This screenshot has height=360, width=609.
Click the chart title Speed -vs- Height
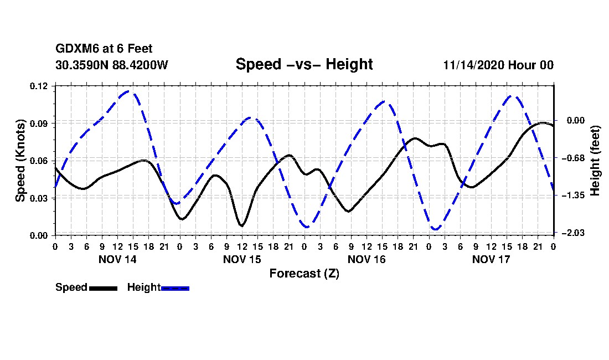coord(304,64)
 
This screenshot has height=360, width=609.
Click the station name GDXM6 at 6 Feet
coord(104,49)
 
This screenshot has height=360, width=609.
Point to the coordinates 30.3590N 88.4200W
coord(112,65)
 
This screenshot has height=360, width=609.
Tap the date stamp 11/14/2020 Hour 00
coord(498,65)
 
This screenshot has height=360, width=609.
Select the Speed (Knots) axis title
coord(20,161)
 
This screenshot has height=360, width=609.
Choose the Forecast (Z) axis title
coord(304,274)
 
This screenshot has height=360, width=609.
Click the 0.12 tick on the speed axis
coord(39,86)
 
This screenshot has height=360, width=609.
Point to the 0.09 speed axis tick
coord(39,124)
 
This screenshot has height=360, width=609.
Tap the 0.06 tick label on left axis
coord(39,161)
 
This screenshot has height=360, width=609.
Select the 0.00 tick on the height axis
coord(576,120)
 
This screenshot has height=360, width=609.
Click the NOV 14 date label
coord(117,259)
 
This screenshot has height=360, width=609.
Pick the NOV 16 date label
coord(367,259)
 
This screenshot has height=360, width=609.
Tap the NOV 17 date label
coord(491,259)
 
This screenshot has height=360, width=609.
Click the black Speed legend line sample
coord(104,288)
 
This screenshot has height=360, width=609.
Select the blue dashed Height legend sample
coord(175,288)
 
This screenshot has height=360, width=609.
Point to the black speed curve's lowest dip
coord(241,225)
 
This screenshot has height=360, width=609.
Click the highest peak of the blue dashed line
coord(129,91)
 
